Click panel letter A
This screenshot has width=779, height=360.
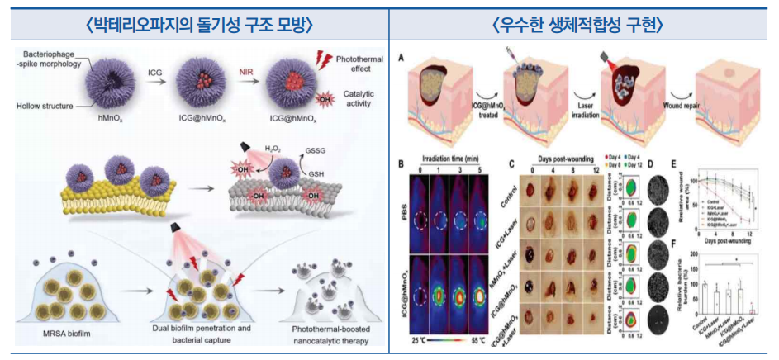click(401, 59)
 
